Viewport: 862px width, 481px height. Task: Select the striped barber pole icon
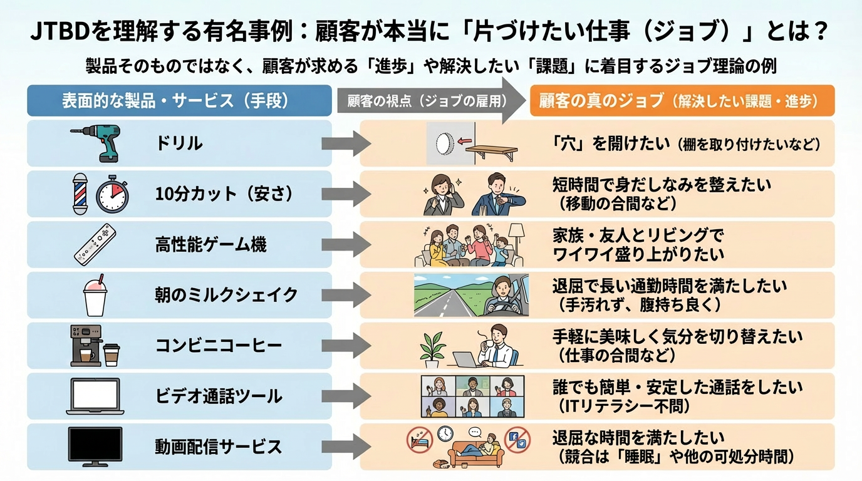click(80, 195)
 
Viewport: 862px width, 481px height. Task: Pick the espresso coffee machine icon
click(85, 346)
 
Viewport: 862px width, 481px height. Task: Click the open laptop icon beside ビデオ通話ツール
click(93, 396)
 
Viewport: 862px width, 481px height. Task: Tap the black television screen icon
click(95, 447)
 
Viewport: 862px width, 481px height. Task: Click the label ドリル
click(179, 143)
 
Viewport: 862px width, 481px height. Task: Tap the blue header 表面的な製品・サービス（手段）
click(179, 101)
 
